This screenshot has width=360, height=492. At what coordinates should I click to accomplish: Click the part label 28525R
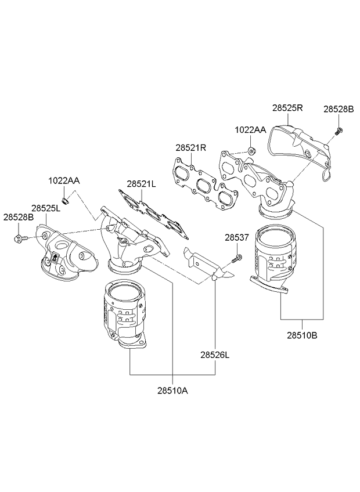(x=287, y=108)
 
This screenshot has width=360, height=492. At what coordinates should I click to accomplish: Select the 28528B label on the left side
(x=19, y=217)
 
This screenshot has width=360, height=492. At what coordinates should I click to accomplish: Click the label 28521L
(x=142, y=183)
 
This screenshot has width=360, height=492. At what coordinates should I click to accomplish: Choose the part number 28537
(x=237, y=237)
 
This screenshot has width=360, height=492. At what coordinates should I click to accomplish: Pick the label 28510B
(x=302, y=334)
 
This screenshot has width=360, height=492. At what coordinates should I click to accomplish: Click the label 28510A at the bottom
(x=172, y=390)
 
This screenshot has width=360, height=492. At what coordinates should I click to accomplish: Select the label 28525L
(x=46, y=207)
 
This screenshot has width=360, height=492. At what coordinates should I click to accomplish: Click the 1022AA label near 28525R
(x=250, y=130)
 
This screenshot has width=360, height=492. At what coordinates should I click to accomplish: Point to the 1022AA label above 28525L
(x=63, y=181)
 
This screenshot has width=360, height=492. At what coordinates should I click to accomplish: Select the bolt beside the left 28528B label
(x=19, y=238)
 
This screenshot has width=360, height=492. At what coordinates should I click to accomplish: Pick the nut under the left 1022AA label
(x=66, y=201)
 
